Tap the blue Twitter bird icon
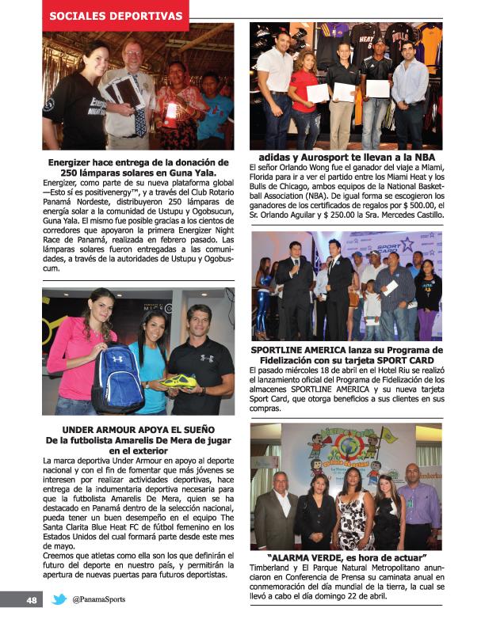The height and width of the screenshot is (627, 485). click(x=59, y=599)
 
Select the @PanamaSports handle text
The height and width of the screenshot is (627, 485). click(x=98, y=599)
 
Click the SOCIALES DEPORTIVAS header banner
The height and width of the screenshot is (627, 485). click(x=116, y=15)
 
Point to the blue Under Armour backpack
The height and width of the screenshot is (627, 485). click(x=117, y=375)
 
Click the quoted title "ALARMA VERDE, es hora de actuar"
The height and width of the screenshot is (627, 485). click(x=347, y=557)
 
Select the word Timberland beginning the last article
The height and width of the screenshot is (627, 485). click(x=273, y=568)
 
